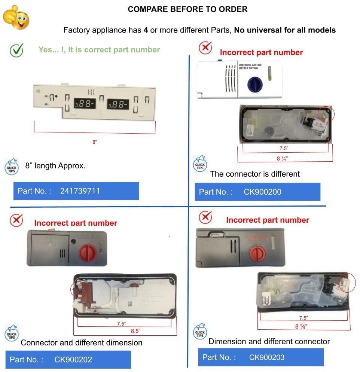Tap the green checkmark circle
(16, 50)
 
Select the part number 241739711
(80, 191)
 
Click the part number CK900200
(262, 192)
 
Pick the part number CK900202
(73, 360)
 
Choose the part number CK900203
(267, 357)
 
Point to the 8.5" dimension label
(136, 331)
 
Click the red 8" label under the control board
(95, 142)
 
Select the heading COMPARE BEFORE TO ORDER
(187, 9)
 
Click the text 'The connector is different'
(255, 174)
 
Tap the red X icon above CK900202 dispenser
(16, 220)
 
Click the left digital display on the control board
(83, 104)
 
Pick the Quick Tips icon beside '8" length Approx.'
(11, 166)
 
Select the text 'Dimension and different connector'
(269, 341)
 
